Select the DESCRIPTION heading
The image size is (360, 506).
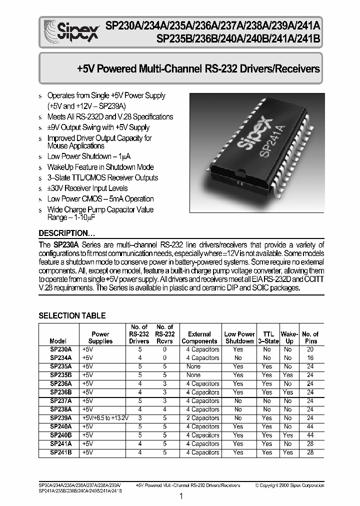click(x=67, y=233)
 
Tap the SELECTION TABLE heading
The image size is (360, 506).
click(x=72, y=315)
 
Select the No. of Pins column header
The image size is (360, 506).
click(x=310, y=337)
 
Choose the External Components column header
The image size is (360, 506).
click(x=199, y=337)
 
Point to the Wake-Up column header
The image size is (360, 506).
click(x=288, y=337)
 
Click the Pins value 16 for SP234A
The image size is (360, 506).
click(x=310, y=358)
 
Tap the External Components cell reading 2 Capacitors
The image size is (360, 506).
click(x=200, y=418)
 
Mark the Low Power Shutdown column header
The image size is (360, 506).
click(x=239, y=337)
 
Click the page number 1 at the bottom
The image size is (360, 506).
click(x=181, y=496)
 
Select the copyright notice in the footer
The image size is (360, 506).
click(x=289, y=485)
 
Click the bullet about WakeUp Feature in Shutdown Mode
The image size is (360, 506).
click(x=100, y=167)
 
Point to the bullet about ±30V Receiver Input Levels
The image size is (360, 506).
click(x=87, y=188)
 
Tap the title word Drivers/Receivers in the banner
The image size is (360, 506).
click(x=282, y=69)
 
